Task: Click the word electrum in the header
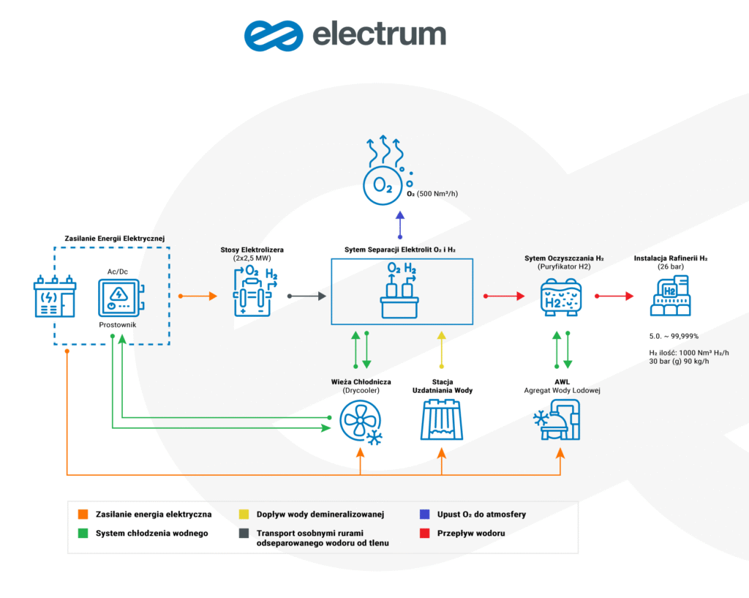pyautogui.click(x=378, y=34)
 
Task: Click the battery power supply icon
pyautogui.click(x=55, y=296)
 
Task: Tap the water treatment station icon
pyautogui.click(x=442, y=424)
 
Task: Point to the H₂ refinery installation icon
pyautogui.click(x=671, y=297)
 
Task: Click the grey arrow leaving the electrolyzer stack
pyautogui.click(x=306, y=296)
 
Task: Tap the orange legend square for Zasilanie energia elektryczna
pyautogui.click(x=84, y=515)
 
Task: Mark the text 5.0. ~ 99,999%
pyautogui.click(x=674, y=335)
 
